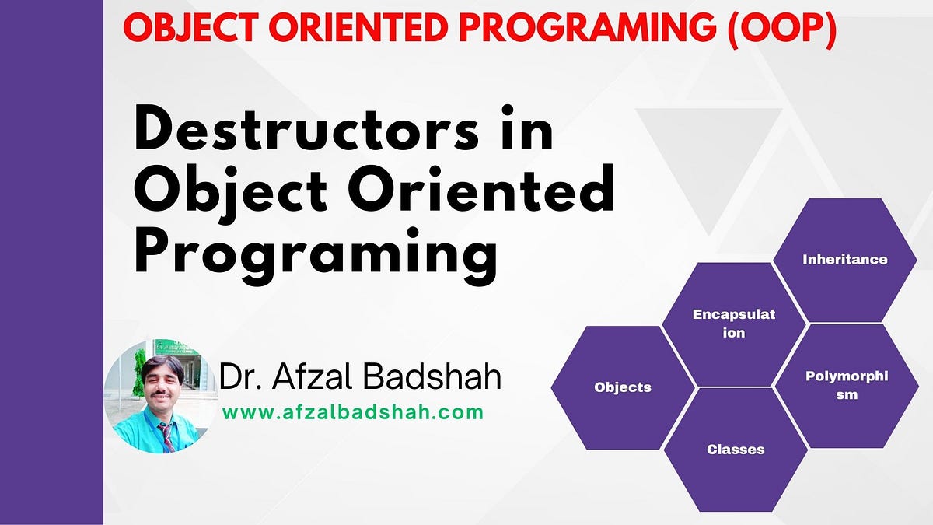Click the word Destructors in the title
coord(306,127)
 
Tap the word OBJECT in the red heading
coord(190,27)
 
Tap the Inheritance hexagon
coord(844,260)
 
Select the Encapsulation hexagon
coord(734,324)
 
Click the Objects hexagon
coord(623,387)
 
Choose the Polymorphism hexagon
coord(847,386)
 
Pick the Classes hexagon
coord(736,450)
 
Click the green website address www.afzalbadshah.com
coord(353,412)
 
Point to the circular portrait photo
coord(161,396)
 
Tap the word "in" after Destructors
coord(527,127)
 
